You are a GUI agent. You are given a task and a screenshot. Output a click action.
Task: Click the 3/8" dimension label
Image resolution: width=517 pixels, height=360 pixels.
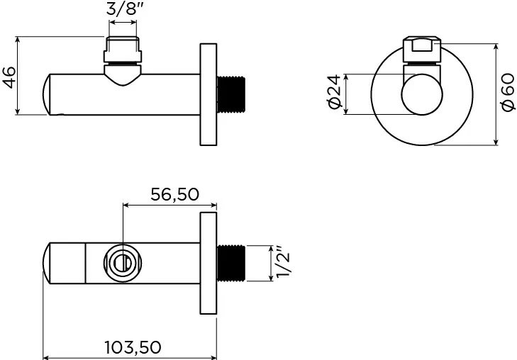tap(126, 9)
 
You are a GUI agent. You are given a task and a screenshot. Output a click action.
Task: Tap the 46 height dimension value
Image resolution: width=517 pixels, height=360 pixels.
tap(9, 78)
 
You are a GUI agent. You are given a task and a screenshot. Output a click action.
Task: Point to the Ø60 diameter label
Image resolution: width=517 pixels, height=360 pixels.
tap(508, 93)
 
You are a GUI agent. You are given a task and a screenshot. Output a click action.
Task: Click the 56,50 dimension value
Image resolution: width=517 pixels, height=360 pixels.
tap(174, 194)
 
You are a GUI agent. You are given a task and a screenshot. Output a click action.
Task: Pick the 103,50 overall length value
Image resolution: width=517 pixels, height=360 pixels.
tap(133, 347)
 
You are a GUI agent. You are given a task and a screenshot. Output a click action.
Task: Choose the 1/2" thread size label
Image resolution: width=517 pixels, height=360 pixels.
tap(283, 262)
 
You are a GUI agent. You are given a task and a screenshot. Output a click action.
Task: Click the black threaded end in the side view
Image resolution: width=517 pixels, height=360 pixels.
tap(231, 94)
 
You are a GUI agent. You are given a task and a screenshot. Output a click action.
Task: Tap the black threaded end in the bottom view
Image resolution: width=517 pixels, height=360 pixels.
tap(231, 263)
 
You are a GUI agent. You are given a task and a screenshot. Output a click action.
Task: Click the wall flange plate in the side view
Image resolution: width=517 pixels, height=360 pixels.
tap(209, 94)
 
